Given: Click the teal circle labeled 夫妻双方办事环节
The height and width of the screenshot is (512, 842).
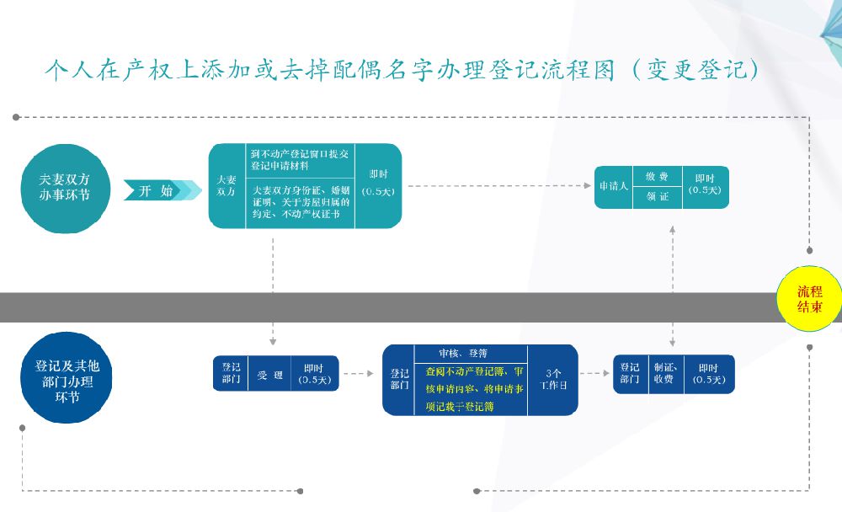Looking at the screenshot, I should (64, 187).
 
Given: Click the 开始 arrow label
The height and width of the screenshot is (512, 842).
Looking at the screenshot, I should (157, 191).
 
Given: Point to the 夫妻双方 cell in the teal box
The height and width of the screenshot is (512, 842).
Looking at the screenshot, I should (226, 186).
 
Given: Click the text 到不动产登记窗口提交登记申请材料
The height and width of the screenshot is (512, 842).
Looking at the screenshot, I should (300, 160).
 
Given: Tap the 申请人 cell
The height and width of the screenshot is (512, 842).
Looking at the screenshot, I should (613, 186).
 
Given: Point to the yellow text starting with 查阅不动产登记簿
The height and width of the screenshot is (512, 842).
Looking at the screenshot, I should (472, 388).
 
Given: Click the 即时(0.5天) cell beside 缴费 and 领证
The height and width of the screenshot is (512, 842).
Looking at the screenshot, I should (706, 185).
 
